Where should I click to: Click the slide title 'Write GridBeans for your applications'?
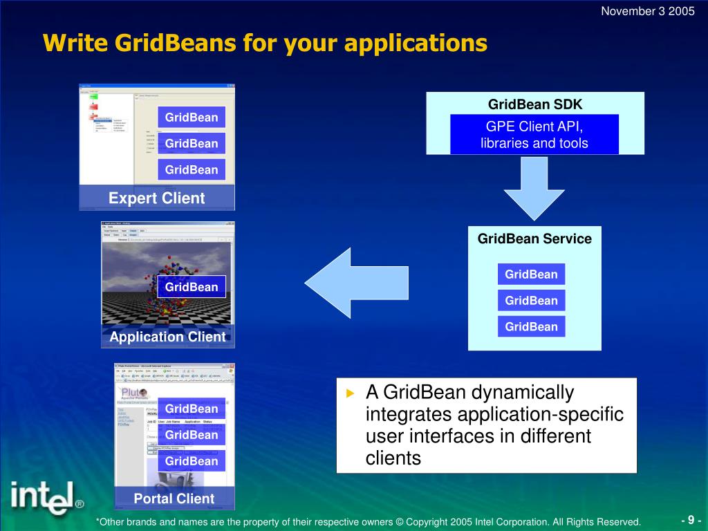(x=265, y=43)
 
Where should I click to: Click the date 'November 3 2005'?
(x=647, y=10)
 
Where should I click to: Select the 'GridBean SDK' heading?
(x=535, y=104)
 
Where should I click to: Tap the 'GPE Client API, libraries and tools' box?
(x=534, y=135)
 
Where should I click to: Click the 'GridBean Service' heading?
(x=534, y=239)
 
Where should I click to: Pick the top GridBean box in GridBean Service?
(x=531, y=274)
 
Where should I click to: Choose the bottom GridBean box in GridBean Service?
(x=531, y=326)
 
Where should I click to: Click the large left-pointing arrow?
(x=356, y=283)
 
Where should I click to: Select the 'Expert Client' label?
(x=157, y=198)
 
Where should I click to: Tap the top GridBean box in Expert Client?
(x=192, y=118)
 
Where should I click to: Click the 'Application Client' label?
(x=168, y=337)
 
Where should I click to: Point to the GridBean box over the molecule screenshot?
(x=192, y=287)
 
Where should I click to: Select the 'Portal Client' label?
(x=174, y=499)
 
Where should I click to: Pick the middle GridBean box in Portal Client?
(x=192, y=435)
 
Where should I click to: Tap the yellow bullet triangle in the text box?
(x=350, y=393)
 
